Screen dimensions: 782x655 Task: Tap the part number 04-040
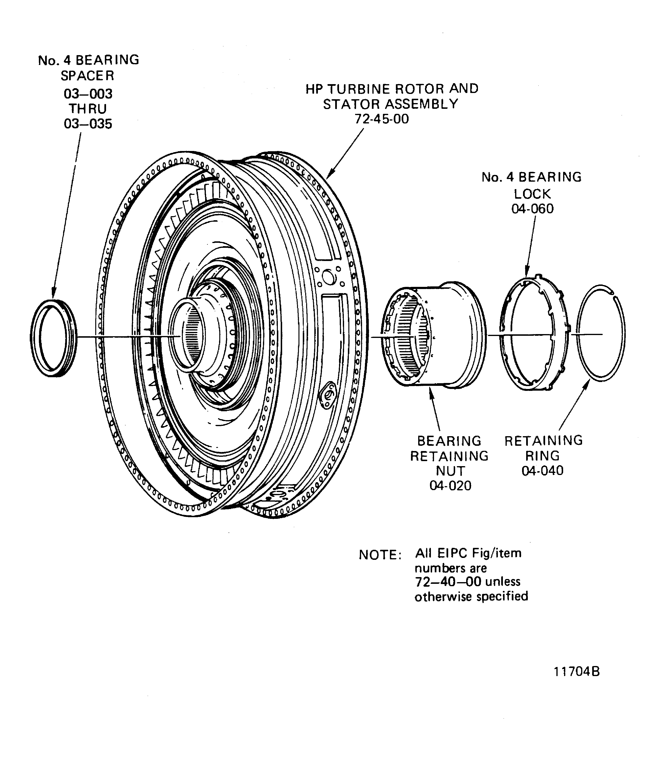(542, 471)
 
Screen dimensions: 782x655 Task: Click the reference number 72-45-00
(382, 119)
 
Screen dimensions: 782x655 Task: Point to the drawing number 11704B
(576, 672)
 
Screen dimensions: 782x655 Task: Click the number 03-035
(88, 124)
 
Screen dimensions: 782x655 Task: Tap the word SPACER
(87, 76)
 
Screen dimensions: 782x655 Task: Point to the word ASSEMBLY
(422, 104)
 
